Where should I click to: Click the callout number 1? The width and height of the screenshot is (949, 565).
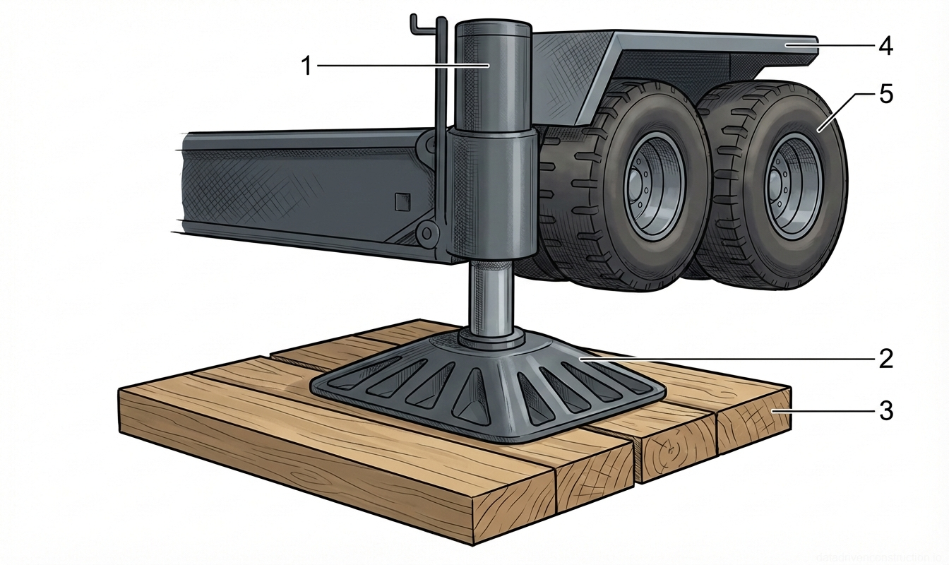click(x=306, y=66)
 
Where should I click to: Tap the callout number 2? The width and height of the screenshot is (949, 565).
click(x=885, y=359)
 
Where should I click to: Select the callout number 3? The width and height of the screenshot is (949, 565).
click(x=885, y=410)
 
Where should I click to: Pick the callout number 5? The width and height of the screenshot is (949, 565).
click(x=885, y=95)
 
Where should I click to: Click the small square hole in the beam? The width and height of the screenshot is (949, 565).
click(x=402, y=202)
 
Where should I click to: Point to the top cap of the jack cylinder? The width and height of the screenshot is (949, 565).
click(x=492, y=30)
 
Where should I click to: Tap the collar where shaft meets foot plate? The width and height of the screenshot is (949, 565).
click(x=492, y=338)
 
